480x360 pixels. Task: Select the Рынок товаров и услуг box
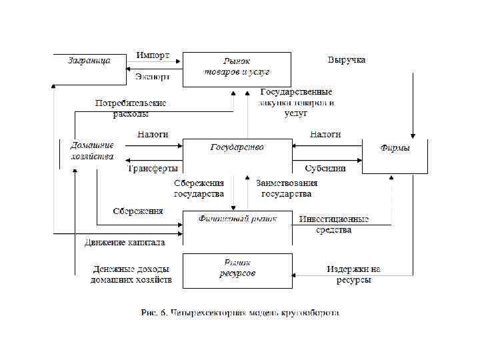[237, 69]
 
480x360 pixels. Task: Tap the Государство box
[237, 156]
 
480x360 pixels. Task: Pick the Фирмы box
[395, 156]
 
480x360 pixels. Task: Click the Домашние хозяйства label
[93, 151]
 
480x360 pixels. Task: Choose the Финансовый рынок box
[237, 227]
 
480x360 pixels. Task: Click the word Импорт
[153, 54]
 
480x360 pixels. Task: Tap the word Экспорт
[152, 77]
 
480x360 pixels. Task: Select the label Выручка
[346, 60]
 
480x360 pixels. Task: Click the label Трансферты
[153, 169]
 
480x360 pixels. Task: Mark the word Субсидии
[325, 169]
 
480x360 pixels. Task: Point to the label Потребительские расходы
[131, 109]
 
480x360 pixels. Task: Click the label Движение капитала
[125, 243]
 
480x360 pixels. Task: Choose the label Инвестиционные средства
[334, 224]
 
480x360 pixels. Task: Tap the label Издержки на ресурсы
[353, 275]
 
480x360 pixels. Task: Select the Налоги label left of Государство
[153, 135]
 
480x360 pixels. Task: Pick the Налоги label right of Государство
[325, 135]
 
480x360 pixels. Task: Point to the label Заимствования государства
[287, 189]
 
